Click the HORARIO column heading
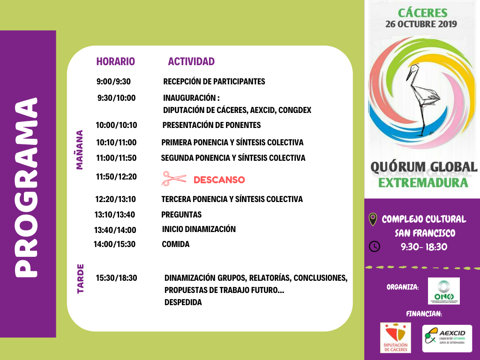pyautogui.click(x=115, y=61)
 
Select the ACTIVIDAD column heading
pyautogui.click(x=191, y=61)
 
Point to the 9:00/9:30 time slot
pyautogui.click(x=113, y=82)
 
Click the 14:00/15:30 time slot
pyautogui.click(x=114, y=244)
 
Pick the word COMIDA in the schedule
pyautogui.click(x=176, y=244)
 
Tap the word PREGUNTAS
pyautogui.click(x=181, y=215)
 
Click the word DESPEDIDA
pyautogui.click(x=183, y=302)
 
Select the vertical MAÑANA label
pyautogui.click(x=79, y=150)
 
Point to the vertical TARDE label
pyautogui.click(x=80, y=279)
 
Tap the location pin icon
pyautogui.click(x=373, y=219)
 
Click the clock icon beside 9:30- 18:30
pyautogui.click(x=375, y=246)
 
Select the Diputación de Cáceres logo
pyautogui.click(x=395, y=337)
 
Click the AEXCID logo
pyautogui.click(x=447, y=338)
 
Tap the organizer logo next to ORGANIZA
pyautogui.click(x=444, y=291)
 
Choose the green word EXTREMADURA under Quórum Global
pyautogui.click(x=423, y=182)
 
